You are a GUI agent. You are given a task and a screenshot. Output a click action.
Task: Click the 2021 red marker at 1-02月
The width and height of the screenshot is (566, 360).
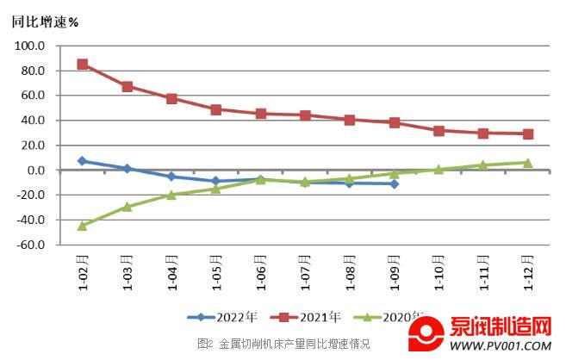tap(83, 65)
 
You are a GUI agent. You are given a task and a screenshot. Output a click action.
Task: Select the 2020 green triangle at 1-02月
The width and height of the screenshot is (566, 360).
tap(83, 226)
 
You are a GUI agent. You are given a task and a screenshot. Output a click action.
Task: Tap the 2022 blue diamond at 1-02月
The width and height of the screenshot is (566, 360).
tap(83, 161)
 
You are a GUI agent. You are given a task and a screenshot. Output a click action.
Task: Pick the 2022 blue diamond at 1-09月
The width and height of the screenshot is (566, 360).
tap(395, 183)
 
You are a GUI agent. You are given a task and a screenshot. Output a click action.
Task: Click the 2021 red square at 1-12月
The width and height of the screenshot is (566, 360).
tap(528, 134)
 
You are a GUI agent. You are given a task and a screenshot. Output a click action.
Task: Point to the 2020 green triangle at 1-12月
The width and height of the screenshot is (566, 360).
tap(528, 163)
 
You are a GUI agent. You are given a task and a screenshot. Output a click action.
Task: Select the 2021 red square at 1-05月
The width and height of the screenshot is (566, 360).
tap(216, 110)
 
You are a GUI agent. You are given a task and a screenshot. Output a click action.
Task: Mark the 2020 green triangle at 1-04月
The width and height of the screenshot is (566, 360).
tap(171, 195)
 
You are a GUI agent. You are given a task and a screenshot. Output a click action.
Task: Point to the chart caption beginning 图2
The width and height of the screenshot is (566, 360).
tap(283, 344)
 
